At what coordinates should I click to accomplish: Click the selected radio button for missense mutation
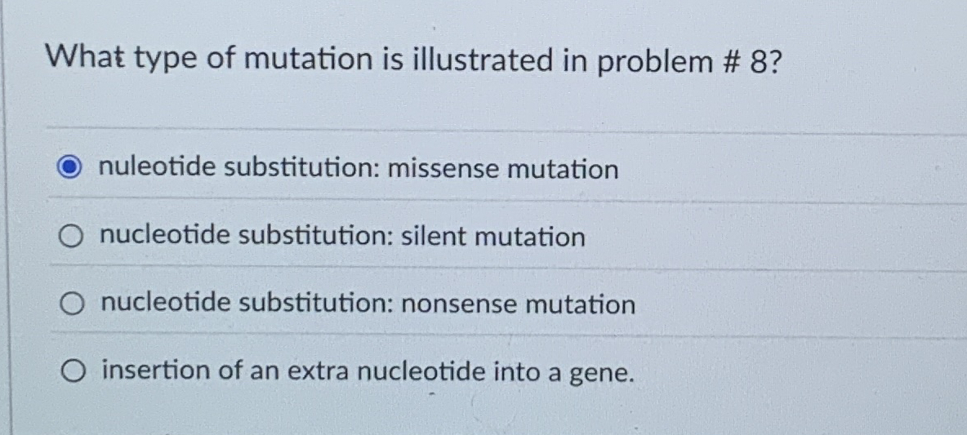click(71, 169)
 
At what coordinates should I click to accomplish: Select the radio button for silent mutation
click(71, 237)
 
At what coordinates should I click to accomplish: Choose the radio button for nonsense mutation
click(71, 304)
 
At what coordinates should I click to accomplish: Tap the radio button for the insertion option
click(71, 371)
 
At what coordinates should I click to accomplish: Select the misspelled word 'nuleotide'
click(157, 168)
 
